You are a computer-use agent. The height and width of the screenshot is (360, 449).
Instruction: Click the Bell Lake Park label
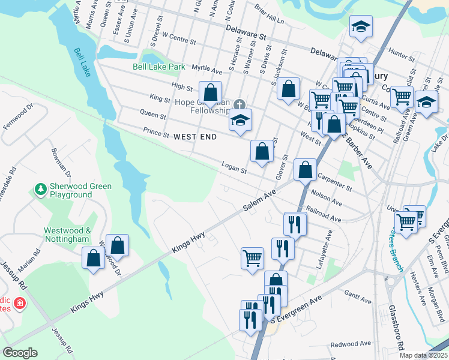159,67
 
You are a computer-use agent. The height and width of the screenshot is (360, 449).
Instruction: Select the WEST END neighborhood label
195,137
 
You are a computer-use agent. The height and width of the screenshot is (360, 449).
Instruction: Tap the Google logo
20,353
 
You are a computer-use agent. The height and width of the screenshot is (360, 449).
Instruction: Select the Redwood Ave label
350,344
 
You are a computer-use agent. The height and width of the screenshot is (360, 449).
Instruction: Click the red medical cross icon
20,304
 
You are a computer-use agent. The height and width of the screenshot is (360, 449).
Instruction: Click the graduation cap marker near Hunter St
361,26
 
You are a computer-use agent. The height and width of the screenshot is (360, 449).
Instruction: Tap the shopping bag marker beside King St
210,92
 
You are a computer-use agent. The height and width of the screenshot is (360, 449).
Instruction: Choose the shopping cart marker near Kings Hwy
253,259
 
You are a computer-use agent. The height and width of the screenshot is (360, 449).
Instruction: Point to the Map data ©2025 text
423,355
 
